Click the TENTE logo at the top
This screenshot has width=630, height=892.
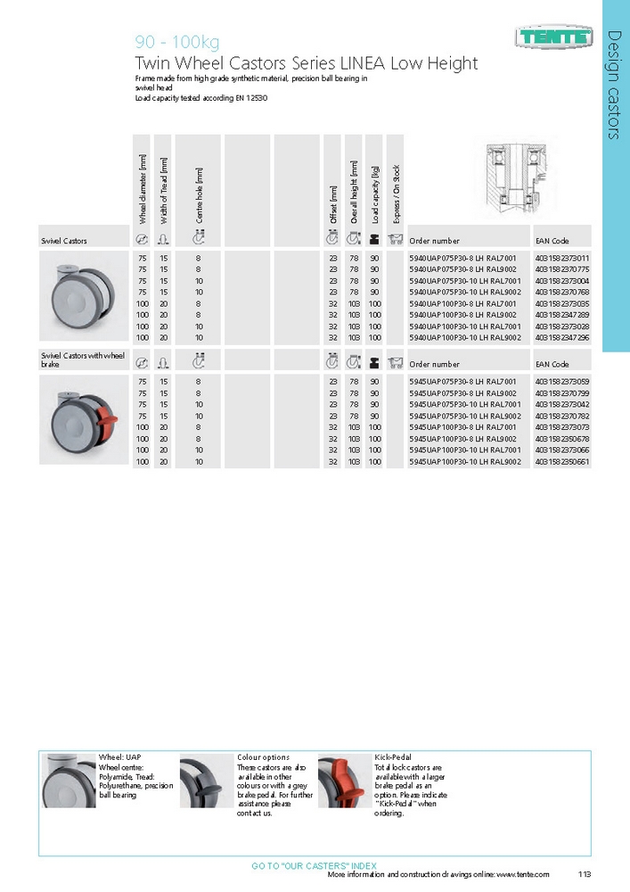click(553, 37)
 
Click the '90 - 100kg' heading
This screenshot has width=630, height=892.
click(176, 43)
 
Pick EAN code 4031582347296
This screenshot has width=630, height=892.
click(562, 338)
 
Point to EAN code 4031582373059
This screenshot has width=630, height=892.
click(562, 382)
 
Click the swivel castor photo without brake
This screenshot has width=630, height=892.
click(79, 295)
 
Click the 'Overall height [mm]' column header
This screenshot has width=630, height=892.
click(354, 193)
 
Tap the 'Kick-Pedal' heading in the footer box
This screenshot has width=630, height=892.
click(393, 757)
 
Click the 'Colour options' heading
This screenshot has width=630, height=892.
click(263, 757)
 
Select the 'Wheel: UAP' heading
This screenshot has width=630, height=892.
click(119, 757)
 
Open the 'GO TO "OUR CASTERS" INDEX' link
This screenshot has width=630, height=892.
click(314, 866)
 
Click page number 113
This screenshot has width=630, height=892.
click(585, 875)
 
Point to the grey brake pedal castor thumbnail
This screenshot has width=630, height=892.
click(206, 782)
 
